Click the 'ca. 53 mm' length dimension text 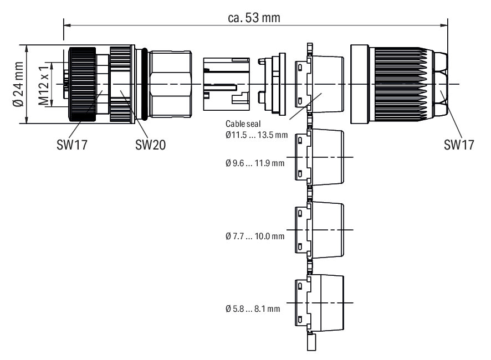[x=254, y=18]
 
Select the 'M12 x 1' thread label [x=43, y=84]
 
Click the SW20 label [x=150, y=145]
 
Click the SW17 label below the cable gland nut [x=459, y=145]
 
